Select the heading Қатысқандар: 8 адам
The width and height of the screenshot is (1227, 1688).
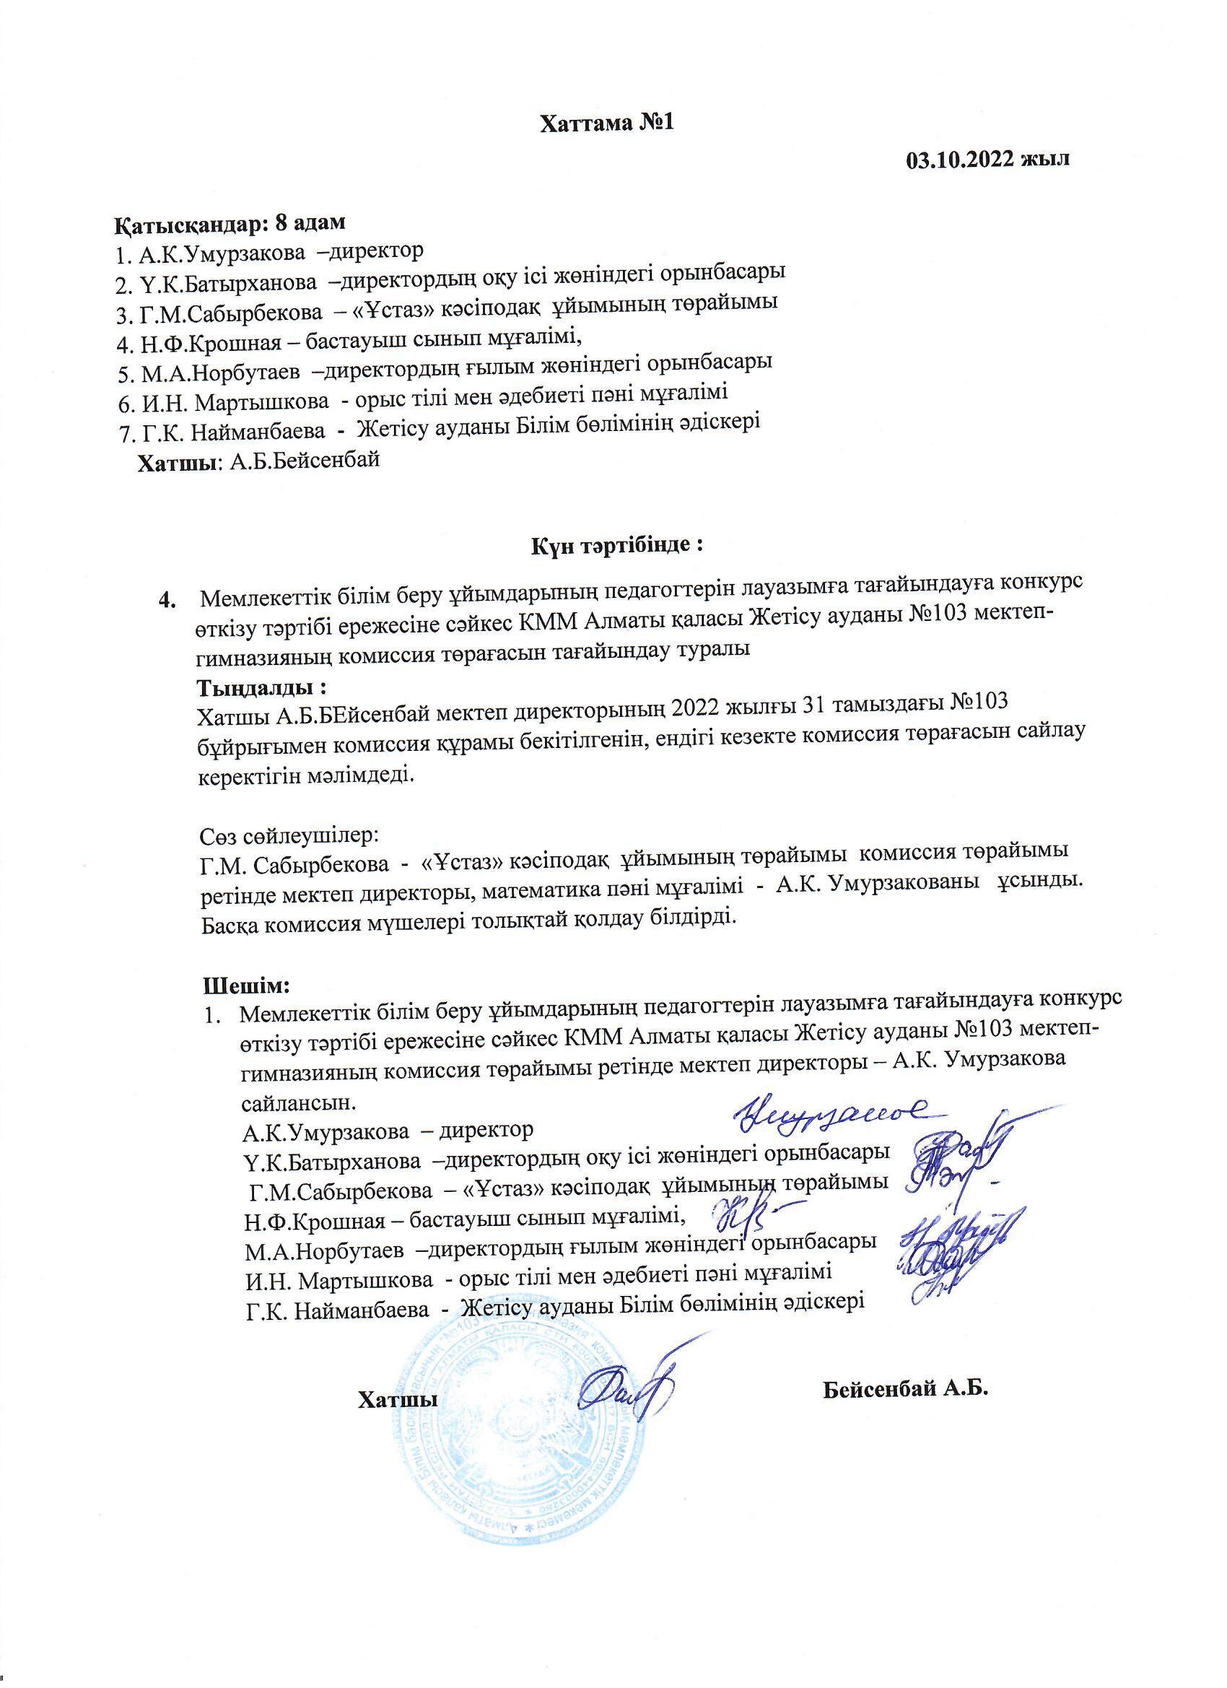click(x=231, y=222)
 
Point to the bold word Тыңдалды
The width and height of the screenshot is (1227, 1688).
click(x=261, y=684)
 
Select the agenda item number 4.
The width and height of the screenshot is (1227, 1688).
click(x=168, y=599)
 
